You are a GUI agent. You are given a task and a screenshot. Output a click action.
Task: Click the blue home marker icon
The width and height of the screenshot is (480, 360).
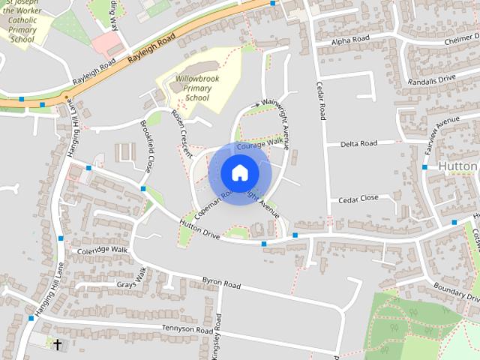(x=238, y=172)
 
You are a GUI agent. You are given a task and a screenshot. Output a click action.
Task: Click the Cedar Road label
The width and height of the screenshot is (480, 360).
(x=321, y=100)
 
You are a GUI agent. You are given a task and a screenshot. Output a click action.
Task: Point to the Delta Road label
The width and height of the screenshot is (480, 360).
(x=358, y=143)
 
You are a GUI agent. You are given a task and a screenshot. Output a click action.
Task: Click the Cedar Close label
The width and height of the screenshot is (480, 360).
(x=358, y=199)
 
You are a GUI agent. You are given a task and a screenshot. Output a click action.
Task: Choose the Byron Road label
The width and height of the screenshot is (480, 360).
(x=221, y=284)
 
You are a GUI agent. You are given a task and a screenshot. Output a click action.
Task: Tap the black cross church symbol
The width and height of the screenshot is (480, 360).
(x=58, y=344)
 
